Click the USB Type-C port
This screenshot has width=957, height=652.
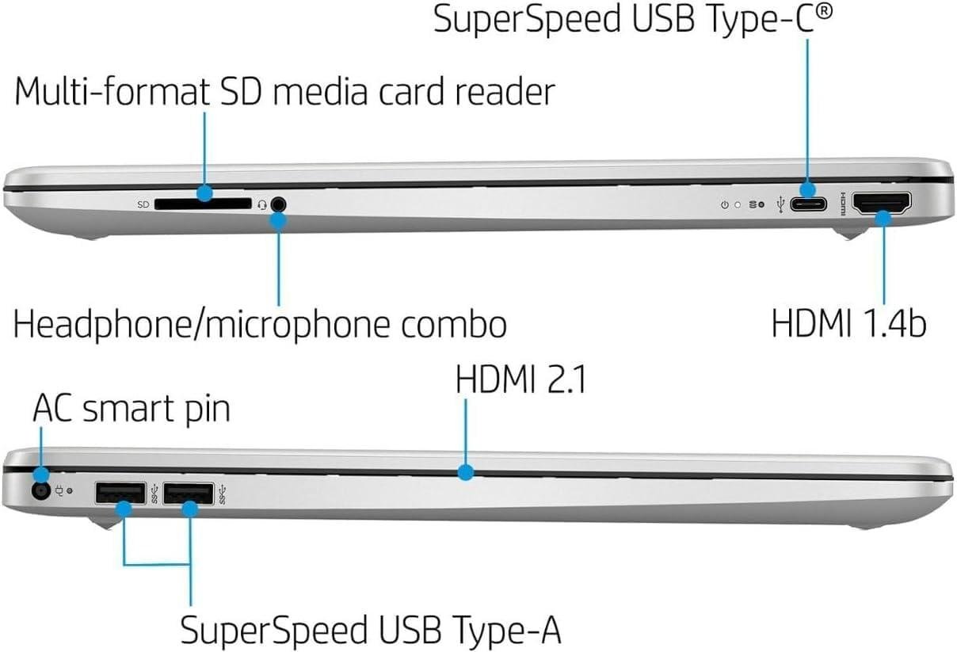point(808,204)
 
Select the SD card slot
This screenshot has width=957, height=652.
point(203,204)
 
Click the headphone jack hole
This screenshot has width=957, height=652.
point(277,204)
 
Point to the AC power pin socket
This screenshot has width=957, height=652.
point(39,491)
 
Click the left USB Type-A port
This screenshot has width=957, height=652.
point(120,494)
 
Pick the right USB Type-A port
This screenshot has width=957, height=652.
point(188,494)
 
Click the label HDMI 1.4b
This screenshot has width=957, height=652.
point(848,323)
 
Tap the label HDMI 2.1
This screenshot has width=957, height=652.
point(520,380)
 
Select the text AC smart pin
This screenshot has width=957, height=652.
point(131,410)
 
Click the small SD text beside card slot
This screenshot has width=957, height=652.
point(143,204)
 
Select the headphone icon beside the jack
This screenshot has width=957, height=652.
point(261,204)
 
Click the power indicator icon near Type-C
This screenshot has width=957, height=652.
point(724,204)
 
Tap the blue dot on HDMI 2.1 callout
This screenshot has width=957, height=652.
point(466,473)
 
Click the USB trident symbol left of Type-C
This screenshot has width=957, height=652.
point(782,204)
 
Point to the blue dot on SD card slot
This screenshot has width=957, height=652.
point(205,192)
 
